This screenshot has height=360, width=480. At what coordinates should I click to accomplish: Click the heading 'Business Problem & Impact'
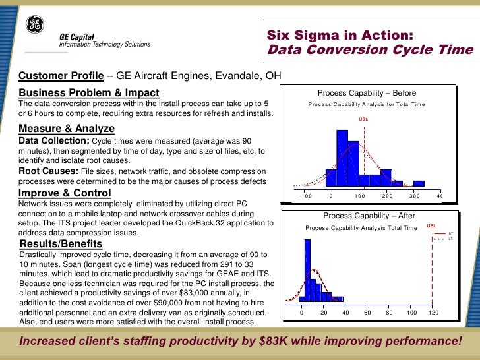pos(88,92)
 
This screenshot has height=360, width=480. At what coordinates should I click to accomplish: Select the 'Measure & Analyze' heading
pos(67,128)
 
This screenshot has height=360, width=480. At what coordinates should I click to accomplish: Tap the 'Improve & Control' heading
pos(65,193)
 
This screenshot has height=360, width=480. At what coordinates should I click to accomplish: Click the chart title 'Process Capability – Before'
pos(367,93)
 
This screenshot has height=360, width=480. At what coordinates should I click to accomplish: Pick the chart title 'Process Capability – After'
pos(369,216)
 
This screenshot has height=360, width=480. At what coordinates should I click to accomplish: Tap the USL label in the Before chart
pos(363,119)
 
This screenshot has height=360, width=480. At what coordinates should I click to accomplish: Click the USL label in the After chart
pos(432,225)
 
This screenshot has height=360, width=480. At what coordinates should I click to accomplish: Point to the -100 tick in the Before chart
pos(304,196)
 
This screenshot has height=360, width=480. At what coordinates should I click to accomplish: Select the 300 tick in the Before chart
pos(414,196)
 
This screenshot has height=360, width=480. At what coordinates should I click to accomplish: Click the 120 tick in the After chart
pos(433,313)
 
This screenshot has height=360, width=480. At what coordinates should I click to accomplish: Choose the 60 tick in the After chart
pos(367,313)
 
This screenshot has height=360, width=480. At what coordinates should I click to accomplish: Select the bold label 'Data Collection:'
pos(54,141)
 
